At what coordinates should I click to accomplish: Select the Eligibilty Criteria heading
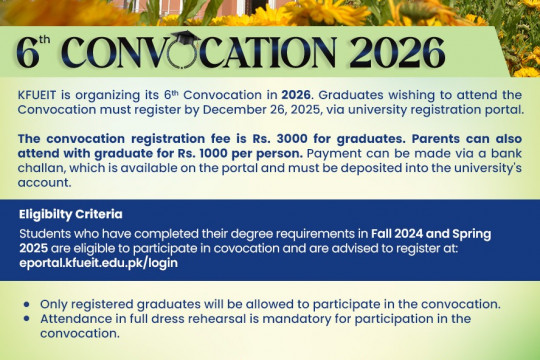pyautogui.click(x=70, y=214)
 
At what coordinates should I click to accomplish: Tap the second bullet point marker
pyautogui.click(x=26, y=318)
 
